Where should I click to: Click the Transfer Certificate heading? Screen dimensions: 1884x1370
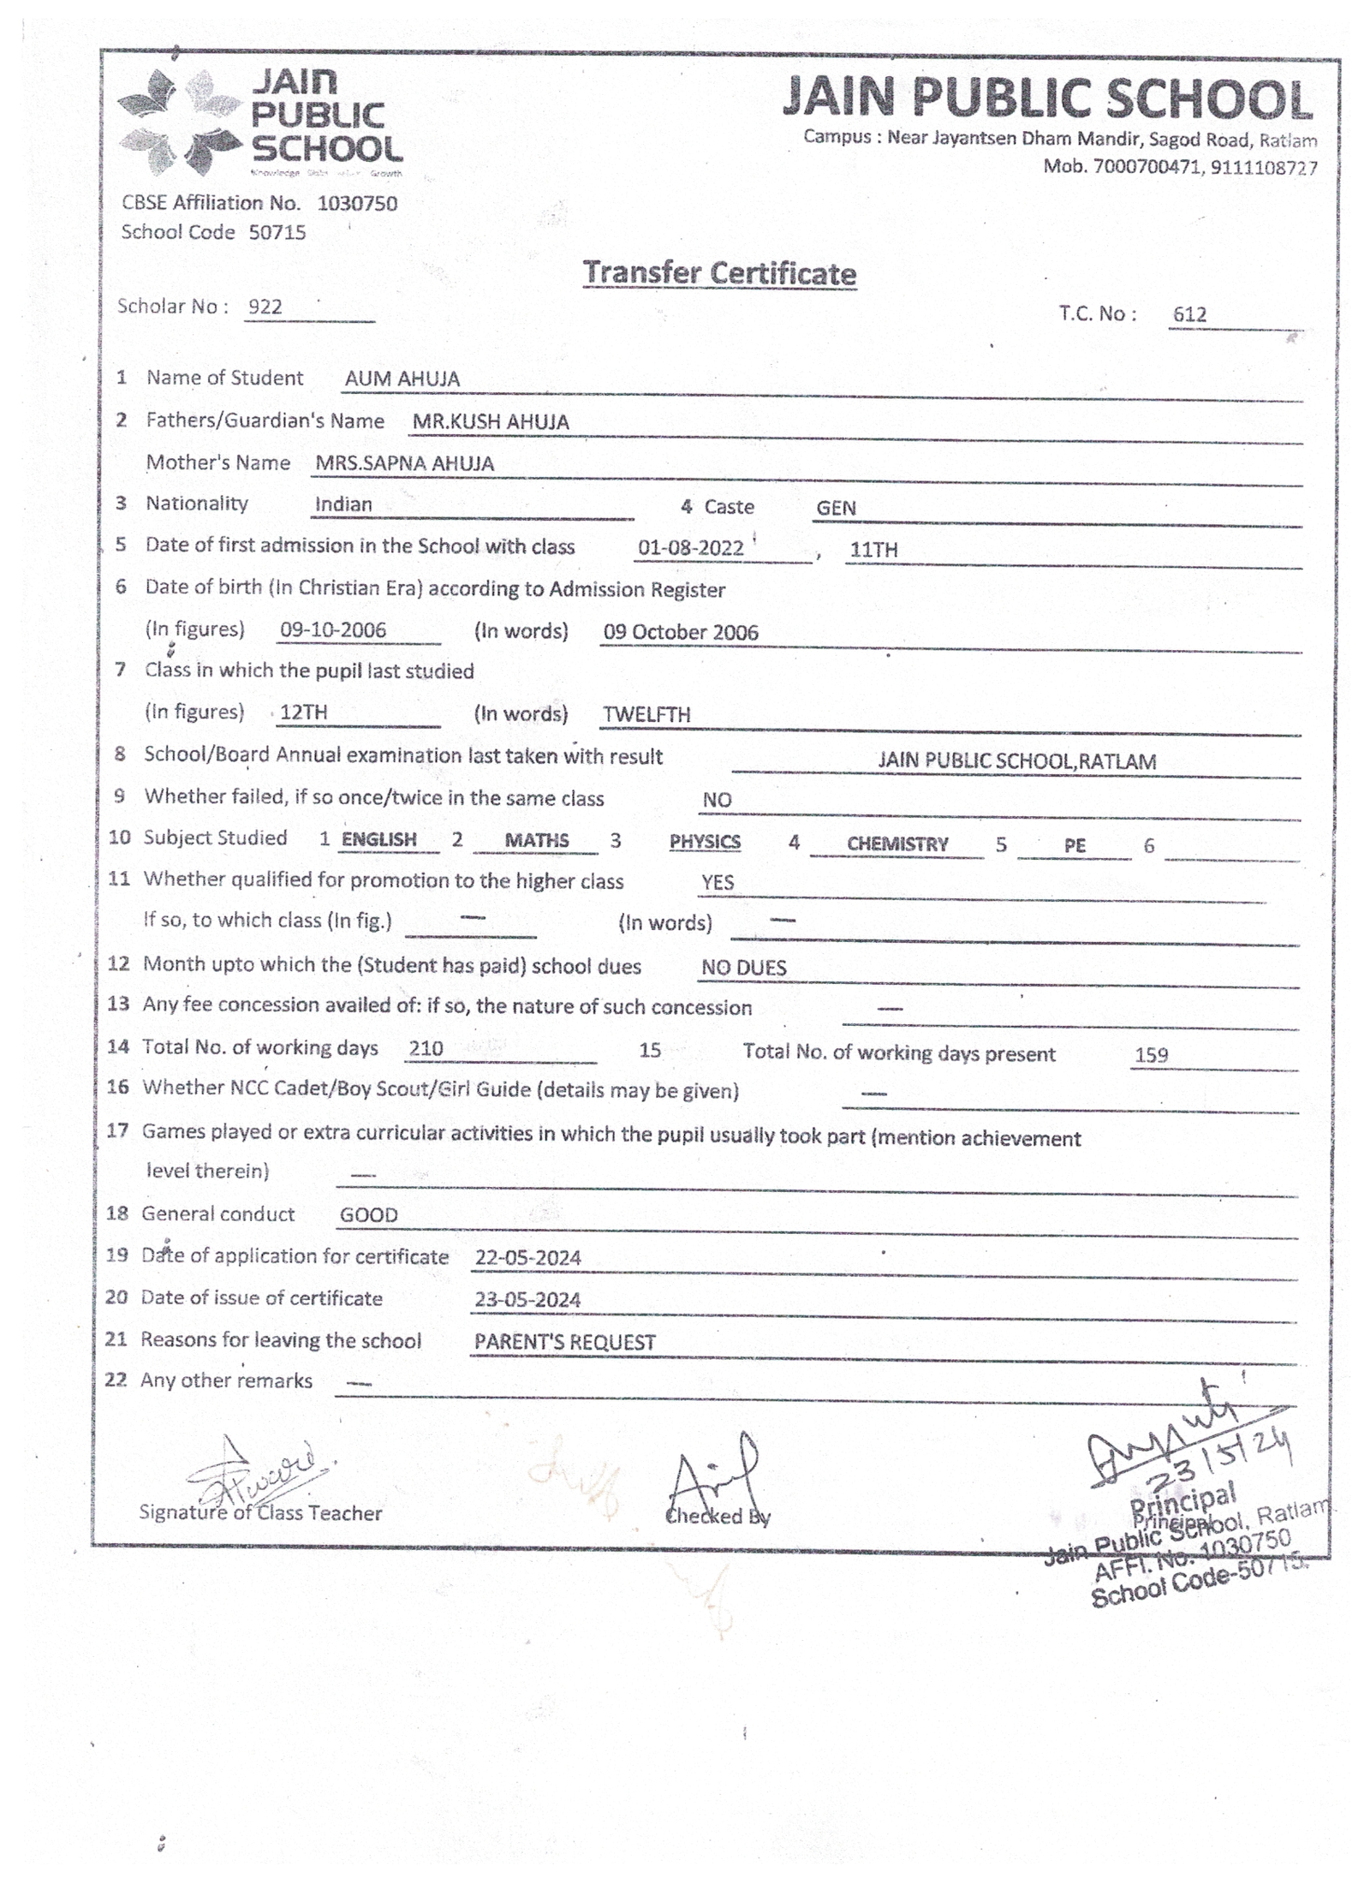pyautogui.click(x=718, y=273)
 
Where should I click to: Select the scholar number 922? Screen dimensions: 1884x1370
pyautogui.click(x=265, y=307)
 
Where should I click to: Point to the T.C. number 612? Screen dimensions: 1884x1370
pyautogui.click(x=1188, y=314)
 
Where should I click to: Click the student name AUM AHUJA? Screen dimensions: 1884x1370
pyautogui.click(x=402, y=379)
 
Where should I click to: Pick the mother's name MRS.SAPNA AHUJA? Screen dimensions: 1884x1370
pyautogui.click(x=404, y=463)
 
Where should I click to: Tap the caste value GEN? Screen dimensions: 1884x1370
pyautogui.click(x=835, y=508)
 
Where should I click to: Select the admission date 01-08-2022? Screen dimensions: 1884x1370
pyautogui.click(x=690, y=548)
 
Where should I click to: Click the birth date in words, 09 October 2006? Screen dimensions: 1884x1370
pyautogui.click(x=680, y=632)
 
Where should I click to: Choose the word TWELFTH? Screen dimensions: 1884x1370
pyautogui.click(x=646, y=714)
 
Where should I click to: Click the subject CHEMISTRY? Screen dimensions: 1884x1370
pyautogui.click(x=896, y=844)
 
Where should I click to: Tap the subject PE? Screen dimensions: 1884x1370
pyautogui.click(x=1074, y=845)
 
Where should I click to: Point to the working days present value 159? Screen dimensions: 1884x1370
pyautogui.click(x=1150, y=1055)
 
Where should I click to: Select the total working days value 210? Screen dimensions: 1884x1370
pyautogui.click(x=426, y=1048)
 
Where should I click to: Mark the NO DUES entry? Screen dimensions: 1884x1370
pyautogui.click(x=743, y=968)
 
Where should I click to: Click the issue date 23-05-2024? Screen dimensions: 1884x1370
pyautogui.click(x=527, y=1299)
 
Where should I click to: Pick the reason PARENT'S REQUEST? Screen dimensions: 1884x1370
pyautogui.click(x=564, y=1342)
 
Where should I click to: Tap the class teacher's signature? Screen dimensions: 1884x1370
pyautogui.click(x=257, y=1472)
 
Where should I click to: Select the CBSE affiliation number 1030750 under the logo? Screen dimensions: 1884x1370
pyautogui.click(x=357, y=204)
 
